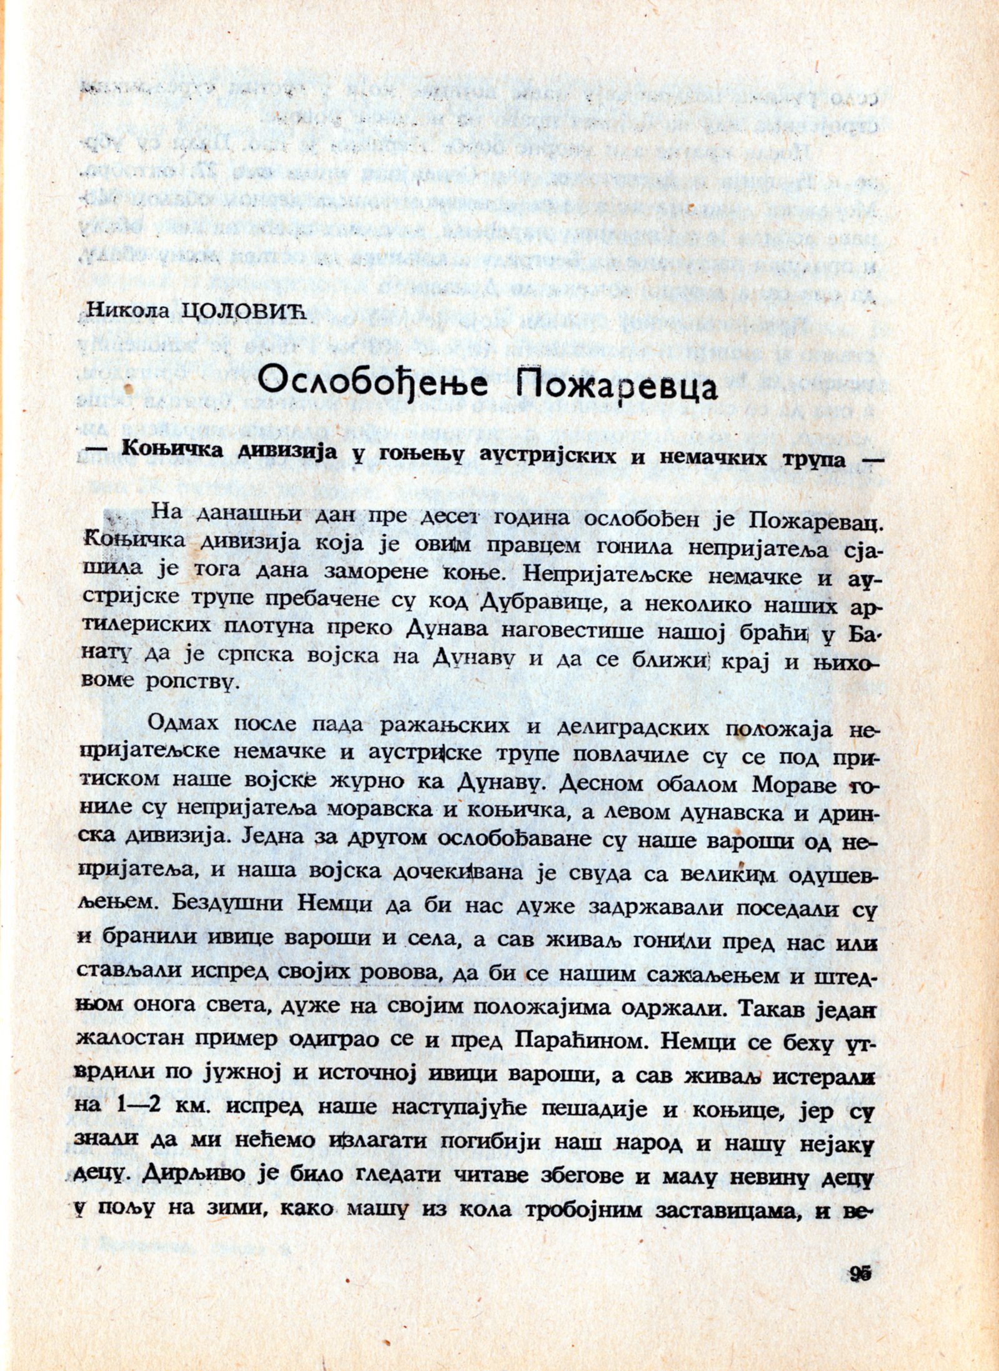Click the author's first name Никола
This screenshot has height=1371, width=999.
coord(129,311)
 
